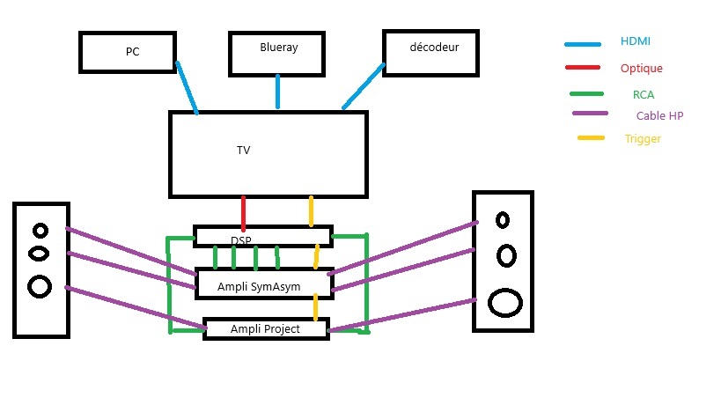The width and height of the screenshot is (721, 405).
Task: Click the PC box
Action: click(127, 52)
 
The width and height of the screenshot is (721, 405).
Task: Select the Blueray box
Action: click(278, 52)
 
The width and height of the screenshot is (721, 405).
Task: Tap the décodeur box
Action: click(431, 52)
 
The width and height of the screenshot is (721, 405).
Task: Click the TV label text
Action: click(244, 151)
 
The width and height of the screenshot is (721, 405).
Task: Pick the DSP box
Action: click(262, 236)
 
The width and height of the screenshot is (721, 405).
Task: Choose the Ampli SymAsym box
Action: click(262, 284)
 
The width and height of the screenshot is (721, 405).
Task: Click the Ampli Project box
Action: click(265, 329)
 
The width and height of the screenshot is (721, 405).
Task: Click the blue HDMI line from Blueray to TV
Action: click(278, 92)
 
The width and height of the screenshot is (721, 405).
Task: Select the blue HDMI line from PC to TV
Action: click(187, 88)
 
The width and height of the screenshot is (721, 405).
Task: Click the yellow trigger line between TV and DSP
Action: click(311, 212)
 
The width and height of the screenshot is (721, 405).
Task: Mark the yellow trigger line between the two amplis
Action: click(315, 307)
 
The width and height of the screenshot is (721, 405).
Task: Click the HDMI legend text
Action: click(635, 41)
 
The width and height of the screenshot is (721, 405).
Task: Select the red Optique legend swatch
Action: click(584, 69)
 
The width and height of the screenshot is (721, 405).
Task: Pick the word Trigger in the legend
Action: click(642, 139)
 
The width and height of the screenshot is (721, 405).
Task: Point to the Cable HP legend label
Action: click(659, 115)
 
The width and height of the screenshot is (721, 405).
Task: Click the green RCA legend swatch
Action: click(586, 94)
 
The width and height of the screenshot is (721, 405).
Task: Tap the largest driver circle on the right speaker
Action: click(504, 302)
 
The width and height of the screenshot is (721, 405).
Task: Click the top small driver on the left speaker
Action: click(40, 231)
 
